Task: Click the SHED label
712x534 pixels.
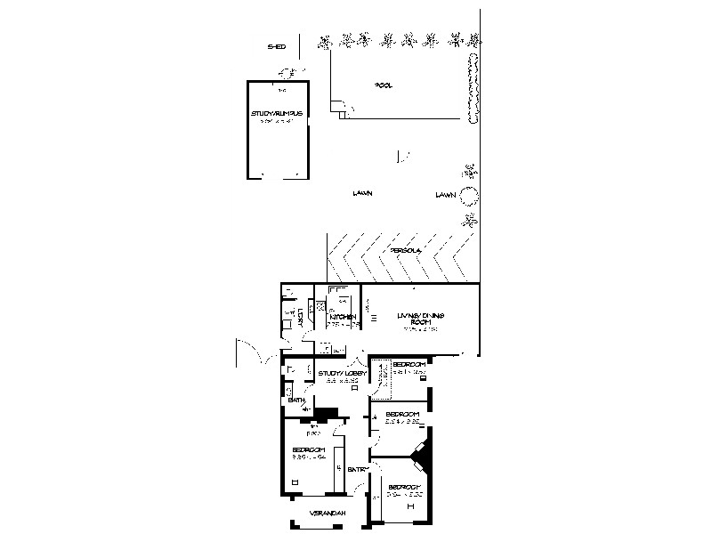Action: (x=277, y=47)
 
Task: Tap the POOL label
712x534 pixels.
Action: (x=384, y=85)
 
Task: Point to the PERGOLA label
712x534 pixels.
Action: (x=405, y=251)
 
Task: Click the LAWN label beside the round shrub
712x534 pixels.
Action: (x=446, y=194)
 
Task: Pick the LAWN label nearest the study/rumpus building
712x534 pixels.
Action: (x=361, y=193)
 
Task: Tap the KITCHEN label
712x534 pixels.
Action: (x=343, y=318)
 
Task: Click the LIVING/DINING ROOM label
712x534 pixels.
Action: (x=420, y=319)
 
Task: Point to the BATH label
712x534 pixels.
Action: (x=296, y=401)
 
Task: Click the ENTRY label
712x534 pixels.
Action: (x=358, y=470)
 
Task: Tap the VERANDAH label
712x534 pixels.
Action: (x=327, y=514)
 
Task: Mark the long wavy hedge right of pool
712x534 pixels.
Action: (x=473, y=87)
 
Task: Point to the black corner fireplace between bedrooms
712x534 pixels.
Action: (x=423, y=456)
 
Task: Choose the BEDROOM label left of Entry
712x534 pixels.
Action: (x=307, y=450)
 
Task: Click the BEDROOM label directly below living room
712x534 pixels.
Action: (x=409, y=365)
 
